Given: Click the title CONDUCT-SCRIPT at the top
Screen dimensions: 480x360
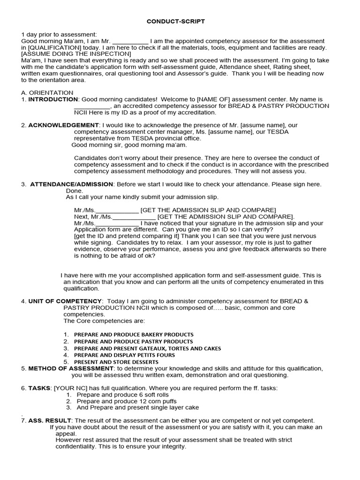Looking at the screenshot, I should [x=176, y=22].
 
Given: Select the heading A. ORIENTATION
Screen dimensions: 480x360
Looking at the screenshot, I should [x=47, y=93].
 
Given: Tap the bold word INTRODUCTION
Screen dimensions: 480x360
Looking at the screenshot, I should [x=53, y=99].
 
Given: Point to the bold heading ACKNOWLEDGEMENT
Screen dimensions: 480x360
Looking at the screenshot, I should [x=63, y=125].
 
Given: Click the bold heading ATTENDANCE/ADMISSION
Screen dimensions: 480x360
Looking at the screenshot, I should [x=71, y=184].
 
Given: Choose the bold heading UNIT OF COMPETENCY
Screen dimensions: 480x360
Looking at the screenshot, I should [x=65, y=301].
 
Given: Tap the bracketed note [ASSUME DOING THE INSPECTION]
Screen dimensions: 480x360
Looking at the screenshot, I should [x=76, y=54].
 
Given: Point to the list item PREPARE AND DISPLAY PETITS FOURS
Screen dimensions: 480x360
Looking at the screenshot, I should [x=124, y=355].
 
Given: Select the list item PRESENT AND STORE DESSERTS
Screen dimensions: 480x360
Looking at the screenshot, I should [x=116, y=362].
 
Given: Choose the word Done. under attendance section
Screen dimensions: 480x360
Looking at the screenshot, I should [x=74, y=191].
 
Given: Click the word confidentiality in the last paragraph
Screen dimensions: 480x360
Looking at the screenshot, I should [x=76, y=447].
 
